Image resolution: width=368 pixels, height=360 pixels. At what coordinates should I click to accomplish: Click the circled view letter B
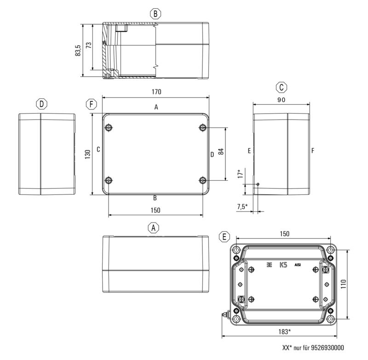point(156,14)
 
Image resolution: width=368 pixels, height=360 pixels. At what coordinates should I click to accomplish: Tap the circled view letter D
point(42,104)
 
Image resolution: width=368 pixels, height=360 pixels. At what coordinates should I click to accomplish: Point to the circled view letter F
point(92,104)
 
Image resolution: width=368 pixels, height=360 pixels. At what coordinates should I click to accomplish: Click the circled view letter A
point(154,228)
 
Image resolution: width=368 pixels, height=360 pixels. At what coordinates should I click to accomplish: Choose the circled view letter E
point(224,237)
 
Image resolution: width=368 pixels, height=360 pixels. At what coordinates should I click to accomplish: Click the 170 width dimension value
point(156,92)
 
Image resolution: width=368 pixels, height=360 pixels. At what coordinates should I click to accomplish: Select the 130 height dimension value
point(87,155)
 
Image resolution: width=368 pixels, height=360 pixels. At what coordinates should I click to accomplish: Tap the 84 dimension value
point(221,153)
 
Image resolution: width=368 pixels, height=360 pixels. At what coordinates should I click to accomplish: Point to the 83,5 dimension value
point(78,50)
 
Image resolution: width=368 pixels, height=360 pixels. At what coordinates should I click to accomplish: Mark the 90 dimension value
point(282,100)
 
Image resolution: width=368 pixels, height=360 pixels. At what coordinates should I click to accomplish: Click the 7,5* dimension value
point(242,207)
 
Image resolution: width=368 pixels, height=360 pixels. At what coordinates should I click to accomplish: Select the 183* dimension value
point(283,331)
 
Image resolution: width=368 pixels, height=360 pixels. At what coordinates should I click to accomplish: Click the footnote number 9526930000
point(324,348)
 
